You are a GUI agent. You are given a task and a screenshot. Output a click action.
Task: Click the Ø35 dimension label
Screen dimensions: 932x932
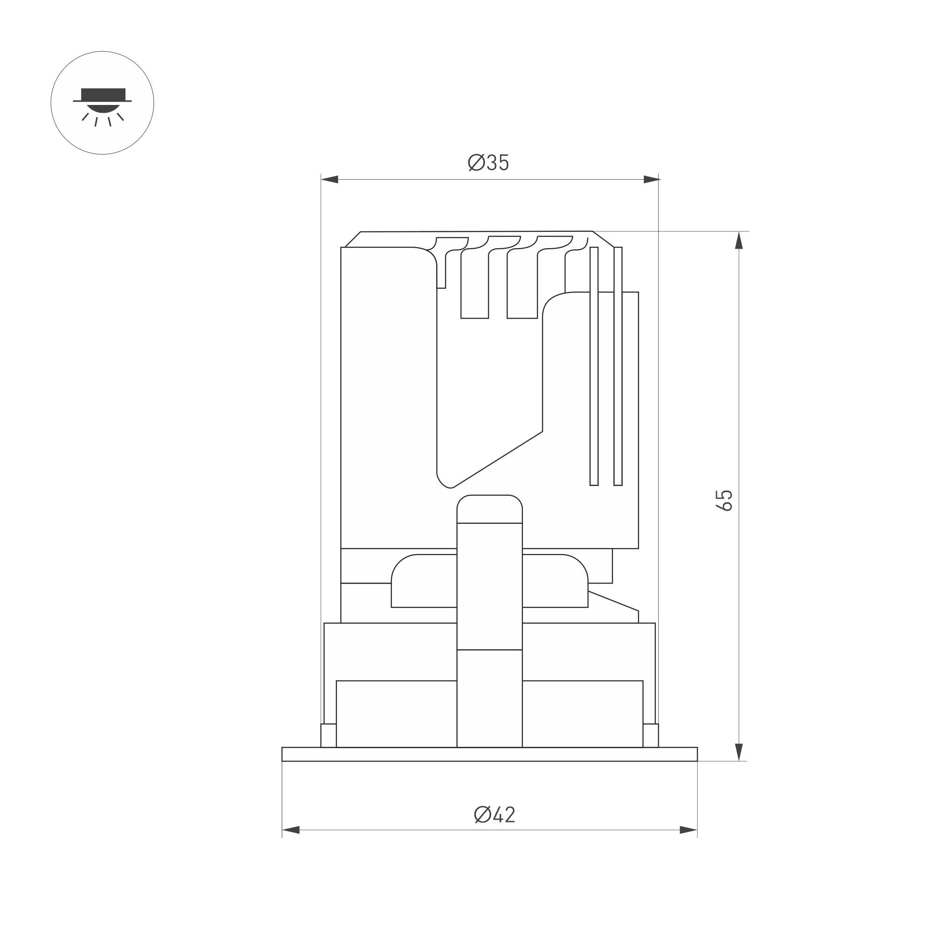click(x=488, y=163)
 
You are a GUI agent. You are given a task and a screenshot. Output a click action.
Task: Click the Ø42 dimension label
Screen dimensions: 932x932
click(x=494, y=815)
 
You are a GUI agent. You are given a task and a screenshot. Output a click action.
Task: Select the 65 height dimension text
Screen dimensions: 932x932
click(x=724, y=500)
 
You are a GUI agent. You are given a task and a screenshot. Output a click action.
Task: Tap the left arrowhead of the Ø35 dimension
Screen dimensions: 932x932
click(x=329, y=180)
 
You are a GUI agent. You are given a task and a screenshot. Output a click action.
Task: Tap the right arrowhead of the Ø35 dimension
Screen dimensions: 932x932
click(x=651, y=180)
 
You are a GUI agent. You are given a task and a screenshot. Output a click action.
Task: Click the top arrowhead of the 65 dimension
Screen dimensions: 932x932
click(x=738, y=240)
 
